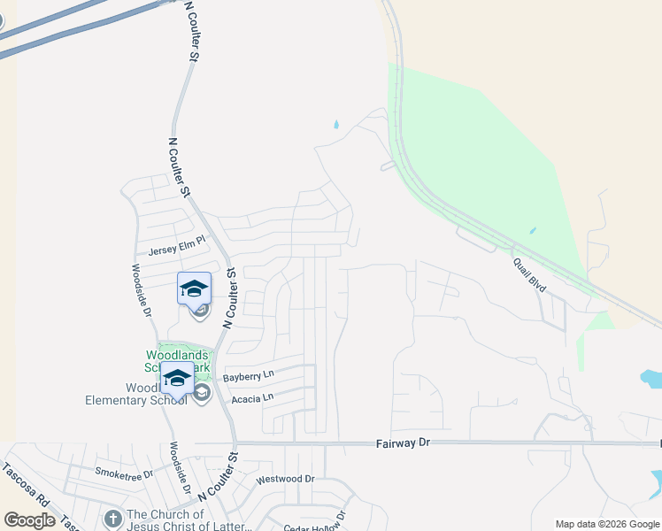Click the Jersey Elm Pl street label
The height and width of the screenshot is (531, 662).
coord(176,245)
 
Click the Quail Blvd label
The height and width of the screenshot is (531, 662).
coord(529,275)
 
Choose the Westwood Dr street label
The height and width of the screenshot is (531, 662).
coord(285,479)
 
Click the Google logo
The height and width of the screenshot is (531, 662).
coord(29,520)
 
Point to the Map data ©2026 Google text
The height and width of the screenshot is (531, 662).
coord(606,524)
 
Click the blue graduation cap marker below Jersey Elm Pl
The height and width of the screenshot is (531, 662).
coord(195,288)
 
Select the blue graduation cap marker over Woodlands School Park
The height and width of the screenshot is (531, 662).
coord(177,378)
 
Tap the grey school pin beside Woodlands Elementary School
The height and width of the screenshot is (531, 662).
coord(202,392)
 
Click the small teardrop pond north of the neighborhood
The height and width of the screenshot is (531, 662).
coord(335,125)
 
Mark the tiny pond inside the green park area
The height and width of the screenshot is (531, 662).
coord(532,231)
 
